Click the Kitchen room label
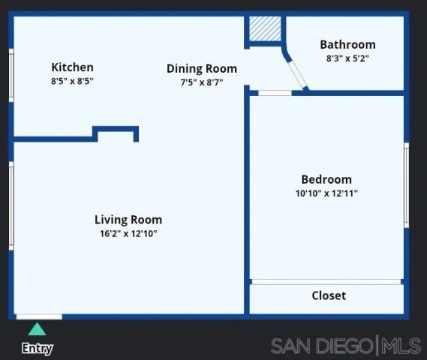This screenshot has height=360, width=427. click(x=72, y=67)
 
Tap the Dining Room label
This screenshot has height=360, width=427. click(x=201, y=69)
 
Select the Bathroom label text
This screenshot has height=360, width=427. click(x=347, y=45)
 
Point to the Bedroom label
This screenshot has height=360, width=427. click(x=326, y=179)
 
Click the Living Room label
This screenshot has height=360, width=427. click(x=128, y=220)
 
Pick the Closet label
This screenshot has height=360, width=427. click(x=329, y=295)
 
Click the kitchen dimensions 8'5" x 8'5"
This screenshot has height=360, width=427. click(x=72, y=81)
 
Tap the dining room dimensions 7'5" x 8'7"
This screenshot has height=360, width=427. click(x=201, y=82)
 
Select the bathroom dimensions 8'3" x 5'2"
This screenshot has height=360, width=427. click(x=347, y=58)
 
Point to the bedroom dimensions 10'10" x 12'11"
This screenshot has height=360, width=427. click(x=326, y=193)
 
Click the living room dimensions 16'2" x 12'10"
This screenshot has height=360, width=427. click(x=128, y=233)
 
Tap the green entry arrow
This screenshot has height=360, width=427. click(x=36, y=329)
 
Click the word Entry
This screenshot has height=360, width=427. click(x=37, y=348)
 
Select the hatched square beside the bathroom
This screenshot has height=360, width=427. click(x=263, y=28)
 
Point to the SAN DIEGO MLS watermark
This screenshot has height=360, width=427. click(x=346, y=346)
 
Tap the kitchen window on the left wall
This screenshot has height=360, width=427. click(x=11, y=75)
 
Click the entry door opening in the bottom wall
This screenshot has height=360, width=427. click(x=39, y=316)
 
